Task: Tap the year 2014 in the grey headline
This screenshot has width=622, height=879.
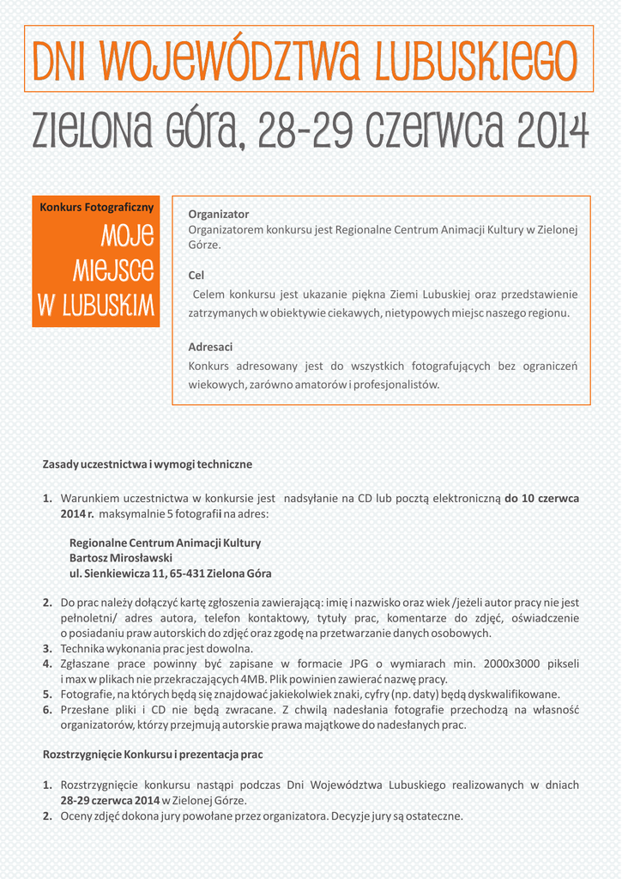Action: point(553,131)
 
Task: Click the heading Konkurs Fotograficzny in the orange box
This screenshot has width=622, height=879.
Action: point(97,207)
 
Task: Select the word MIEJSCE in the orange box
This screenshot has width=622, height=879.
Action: point(113,270)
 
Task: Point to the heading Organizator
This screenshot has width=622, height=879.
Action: point(219,214)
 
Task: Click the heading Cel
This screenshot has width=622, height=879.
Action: point(196,276)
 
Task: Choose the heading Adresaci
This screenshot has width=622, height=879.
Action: point(210,347)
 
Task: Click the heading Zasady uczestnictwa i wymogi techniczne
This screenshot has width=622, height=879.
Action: point(148,464)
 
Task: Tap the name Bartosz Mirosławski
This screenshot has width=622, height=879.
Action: point(120,558)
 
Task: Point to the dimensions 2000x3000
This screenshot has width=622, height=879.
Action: point(508,664)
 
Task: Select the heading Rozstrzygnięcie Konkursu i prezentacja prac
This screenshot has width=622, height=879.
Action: point(153,755)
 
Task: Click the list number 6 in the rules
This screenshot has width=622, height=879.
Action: point(48,710)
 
